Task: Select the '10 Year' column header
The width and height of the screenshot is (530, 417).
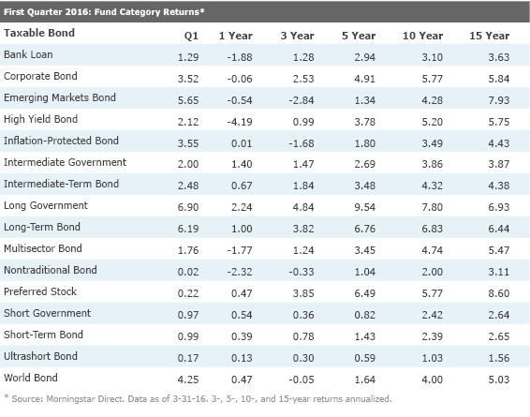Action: point(422,36)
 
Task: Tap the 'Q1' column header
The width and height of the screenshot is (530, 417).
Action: point(191,36)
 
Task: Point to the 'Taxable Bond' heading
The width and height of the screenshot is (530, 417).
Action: point(39,33)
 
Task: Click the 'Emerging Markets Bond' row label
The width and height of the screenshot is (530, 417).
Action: point(60,97)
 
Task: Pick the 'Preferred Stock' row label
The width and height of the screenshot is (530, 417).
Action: point(40,291)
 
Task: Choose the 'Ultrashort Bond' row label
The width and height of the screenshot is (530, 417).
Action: point(40,356)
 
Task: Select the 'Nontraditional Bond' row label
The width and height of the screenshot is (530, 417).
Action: point(51,270)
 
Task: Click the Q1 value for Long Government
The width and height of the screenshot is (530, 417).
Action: point(188,207)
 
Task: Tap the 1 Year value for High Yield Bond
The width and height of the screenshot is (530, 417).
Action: point(240,122)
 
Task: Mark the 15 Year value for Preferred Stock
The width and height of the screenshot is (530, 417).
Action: point(498,293)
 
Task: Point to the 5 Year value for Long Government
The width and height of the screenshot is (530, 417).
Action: point(364,207)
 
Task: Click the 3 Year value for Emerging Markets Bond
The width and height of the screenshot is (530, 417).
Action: point(302,100)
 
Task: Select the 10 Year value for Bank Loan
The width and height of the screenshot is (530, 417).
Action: point(432,57)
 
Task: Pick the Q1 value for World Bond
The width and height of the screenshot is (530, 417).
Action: point(188,380)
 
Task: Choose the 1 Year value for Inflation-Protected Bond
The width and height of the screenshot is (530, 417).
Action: point(242,143)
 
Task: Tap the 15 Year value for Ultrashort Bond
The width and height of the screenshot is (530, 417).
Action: point(498,358)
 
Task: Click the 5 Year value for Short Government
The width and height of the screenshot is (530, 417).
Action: point(364,315)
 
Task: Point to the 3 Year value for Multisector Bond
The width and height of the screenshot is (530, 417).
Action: point(303,250)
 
